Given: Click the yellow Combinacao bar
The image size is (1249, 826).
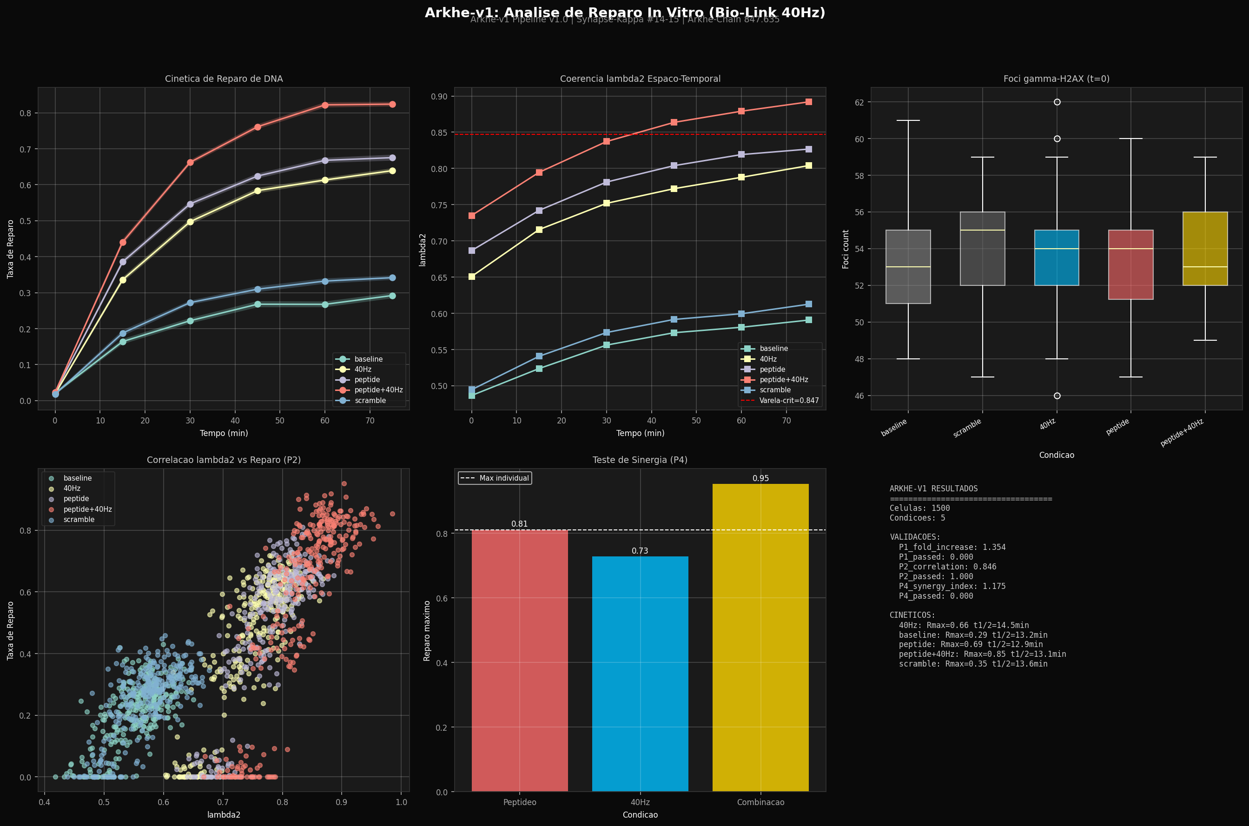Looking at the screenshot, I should click(x=760, y=637).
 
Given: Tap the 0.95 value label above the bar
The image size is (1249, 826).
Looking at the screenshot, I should click(x=760, y=478).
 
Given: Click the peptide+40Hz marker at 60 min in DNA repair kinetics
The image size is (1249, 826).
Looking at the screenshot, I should click(x=325, y=106).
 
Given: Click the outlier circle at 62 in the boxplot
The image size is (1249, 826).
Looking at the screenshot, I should click(x=1057, y=102).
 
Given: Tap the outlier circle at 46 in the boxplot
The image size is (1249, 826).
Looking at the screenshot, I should click(x=1057, y=396).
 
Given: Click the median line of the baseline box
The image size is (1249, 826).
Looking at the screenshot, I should click(x=908, y=267).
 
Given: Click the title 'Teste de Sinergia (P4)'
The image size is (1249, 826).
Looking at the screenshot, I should click(x=640, y=460).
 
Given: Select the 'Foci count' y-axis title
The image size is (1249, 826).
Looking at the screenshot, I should click(x=846, y=249).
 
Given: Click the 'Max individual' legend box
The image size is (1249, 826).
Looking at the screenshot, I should click(x=495, y=478).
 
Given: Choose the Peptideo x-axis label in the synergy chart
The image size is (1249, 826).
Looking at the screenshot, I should click(x=519, y=802).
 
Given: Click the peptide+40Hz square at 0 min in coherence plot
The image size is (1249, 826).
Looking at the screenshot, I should click(x=471, y=216).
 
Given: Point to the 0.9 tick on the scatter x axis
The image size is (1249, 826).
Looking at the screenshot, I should click(x=341, y=802).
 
